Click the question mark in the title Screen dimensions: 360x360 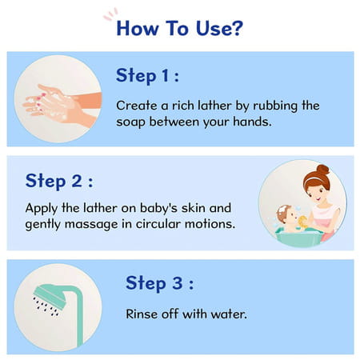click(237, 29)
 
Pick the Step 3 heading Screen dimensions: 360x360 click(159, 283)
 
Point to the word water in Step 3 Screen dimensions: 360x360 click(227, 314)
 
